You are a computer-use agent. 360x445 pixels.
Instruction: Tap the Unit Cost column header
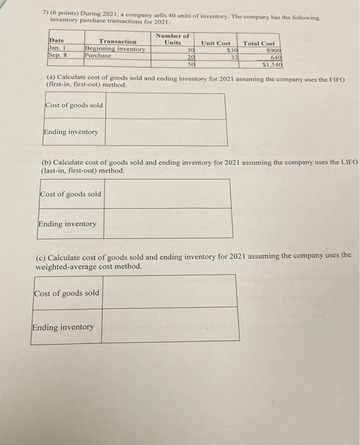(x=216, y=43)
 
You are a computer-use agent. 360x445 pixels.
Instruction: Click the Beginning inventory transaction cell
(x=115, y=49)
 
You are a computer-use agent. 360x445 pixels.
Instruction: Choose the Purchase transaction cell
(x=98, y=56)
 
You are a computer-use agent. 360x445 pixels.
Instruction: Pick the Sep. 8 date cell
(x=58, y=55)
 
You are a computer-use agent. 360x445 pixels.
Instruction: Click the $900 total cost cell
(x=273, y=50)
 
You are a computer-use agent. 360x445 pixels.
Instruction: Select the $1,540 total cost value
(x=272, y=65)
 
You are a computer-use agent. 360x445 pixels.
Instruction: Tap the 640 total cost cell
(x=275, y=57)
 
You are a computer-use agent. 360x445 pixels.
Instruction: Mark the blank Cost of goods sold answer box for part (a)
(x=165, y=106)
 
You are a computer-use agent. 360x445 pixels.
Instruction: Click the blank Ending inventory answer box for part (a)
(x=165, y=132)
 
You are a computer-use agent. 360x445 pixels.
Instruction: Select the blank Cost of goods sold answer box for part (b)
(x=167, y=194)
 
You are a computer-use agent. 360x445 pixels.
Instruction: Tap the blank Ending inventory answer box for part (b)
(x=167, y=224)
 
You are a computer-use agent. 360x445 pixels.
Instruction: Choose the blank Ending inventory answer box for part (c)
(x=169, y=327)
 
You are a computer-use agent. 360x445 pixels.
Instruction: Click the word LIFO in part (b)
(x=348, y=163)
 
